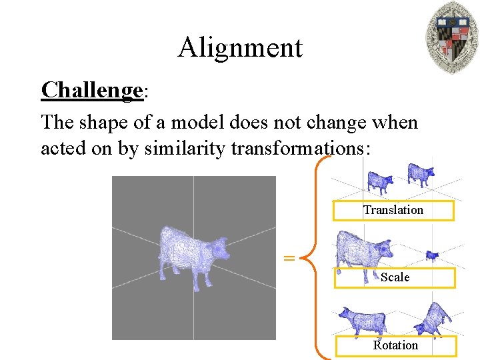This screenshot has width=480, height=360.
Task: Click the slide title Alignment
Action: pyautogui.click(x=240, y=47)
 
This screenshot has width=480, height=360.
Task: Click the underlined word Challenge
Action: pyautogui.click(x=92, y=89)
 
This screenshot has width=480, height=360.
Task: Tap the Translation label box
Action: pyautogui.click(x=393, y=210)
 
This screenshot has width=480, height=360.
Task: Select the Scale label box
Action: pyautogui.click(x=395, y=277)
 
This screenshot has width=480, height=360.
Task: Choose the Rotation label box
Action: pyautogui.click(x=395, y=345)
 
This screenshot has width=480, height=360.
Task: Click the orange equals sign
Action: pyautogui.click(x=289, y=257)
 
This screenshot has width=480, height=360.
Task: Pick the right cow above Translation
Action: pyautogui.click(x=420, y=174)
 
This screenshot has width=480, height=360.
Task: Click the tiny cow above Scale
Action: pyautogui.click(x=432, y=255)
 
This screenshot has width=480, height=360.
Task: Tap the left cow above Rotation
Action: pyautogui.click(x=361, y=321)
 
